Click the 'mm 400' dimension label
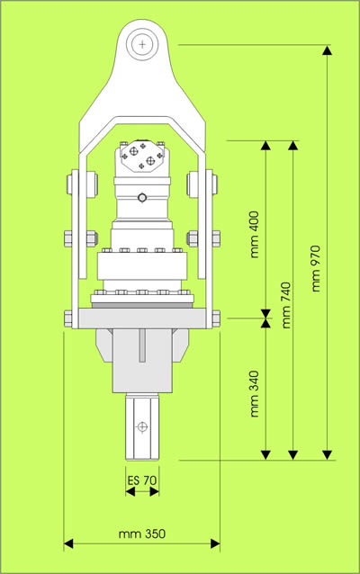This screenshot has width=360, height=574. point(255,235)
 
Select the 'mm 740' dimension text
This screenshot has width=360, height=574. point(286,305)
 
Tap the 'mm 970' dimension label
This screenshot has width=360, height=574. point(316,268)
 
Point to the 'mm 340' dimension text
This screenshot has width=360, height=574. point(255,394)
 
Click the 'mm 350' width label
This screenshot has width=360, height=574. point(142,534)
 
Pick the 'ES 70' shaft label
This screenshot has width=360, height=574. point(141,480)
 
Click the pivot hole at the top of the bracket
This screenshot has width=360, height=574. point(142,45)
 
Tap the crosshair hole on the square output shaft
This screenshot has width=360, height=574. point(142,426)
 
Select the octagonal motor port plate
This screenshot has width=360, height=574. point(141,156)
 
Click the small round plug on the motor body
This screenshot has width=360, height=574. point(142,198)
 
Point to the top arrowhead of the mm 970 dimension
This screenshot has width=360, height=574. point(328,50)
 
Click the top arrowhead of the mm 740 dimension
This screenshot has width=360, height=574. point(292,146)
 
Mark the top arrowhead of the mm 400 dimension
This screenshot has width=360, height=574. point(266,146)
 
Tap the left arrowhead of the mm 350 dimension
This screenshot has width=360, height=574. point(68,543)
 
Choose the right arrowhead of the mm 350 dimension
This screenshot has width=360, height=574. point(215,543)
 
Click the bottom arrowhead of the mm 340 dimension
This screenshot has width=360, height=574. point(266,454)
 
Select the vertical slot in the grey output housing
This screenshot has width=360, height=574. point(142,345)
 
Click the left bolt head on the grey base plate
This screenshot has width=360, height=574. point(68,318)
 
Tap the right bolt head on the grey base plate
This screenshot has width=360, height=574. point(216,318)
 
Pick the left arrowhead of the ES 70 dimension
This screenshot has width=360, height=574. point(130,492)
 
